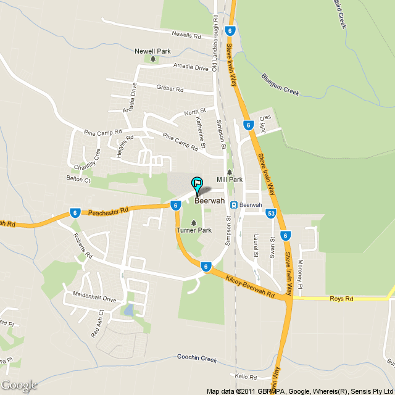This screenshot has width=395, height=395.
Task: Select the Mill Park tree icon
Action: point(230,172)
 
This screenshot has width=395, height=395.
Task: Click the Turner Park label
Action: point(194,230)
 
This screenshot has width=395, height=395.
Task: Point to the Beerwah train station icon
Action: point(234,205)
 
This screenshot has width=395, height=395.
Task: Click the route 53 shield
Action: point(271,214)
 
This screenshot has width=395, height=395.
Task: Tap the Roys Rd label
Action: point(340,299)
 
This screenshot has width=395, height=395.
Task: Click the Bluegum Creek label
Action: point(280,85)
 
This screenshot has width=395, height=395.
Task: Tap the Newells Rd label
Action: point(187,35)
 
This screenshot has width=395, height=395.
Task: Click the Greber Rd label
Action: point(170,89)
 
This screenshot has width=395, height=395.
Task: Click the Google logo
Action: point(19,385)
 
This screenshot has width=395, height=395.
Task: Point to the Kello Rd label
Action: point(245,376)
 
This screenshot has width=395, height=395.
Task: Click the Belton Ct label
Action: point(78,180)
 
